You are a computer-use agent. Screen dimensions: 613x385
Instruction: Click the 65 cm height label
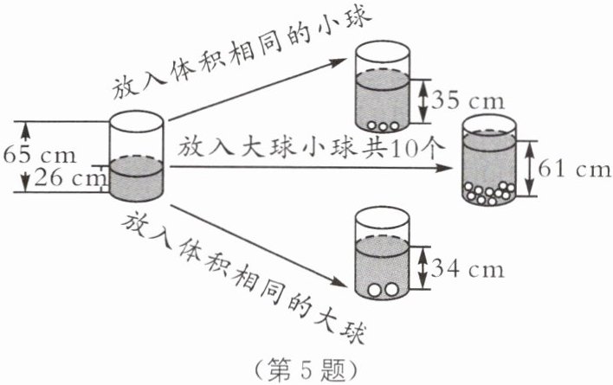[x=40, y=156]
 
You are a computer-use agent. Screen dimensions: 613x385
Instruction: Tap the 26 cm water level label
[x=70, y=178]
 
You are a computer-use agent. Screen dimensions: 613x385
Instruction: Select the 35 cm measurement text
[x=468, y=100]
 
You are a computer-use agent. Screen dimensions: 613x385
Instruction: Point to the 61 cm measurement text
[x=574, y=169]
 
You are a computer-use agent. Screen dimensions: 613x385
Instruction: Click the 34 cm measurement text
[x=468, y=269]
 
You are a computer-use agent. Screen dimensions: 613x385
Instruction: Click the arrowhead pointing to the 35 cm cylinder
[x=339, y=62]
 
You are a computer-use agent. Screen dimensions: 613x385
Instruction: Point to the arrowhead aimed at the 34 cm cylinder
[x=338, y=281]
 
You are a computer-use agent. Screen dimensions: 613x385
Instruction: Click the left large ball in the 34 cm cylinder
[x=375, y=290]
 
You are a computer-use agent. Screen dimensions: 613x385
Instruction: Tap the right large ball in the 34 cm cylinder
[x=391, y=289]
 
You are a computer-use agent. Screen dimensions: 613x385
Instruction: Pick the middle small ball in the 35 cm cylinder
[x=384, y=126]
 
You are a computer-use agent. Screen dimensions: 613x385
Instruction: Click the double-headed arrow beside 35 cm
[x=422, y=101]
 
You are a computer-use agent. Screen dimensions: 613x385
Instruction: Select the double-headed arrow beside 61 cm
[x=529, y=169]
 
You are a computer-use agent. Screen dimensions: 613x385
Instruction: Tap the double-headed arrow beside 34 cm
[x=422, y=268]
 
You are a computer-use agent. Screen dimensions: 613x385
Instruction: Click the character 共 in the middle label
[x=375, y=149]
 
